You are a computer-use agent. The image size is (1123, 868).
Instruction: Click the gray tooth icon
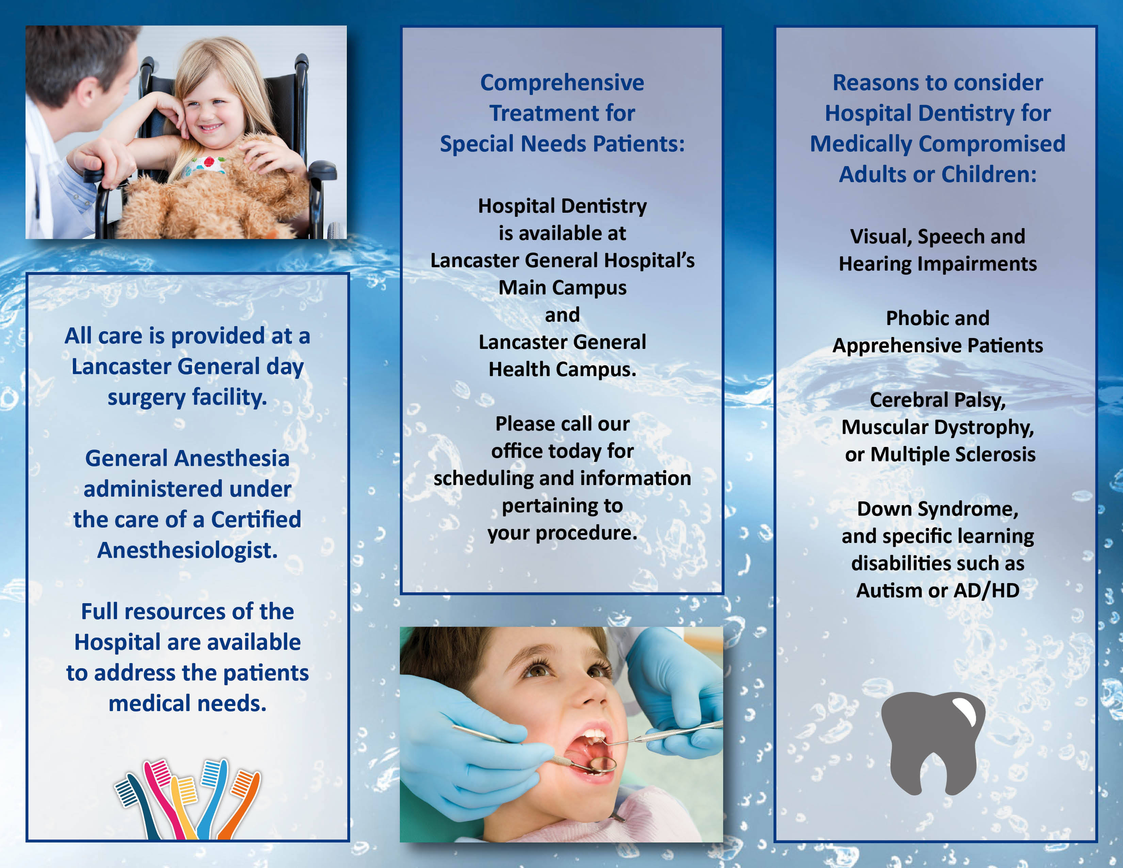[933, 740]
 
